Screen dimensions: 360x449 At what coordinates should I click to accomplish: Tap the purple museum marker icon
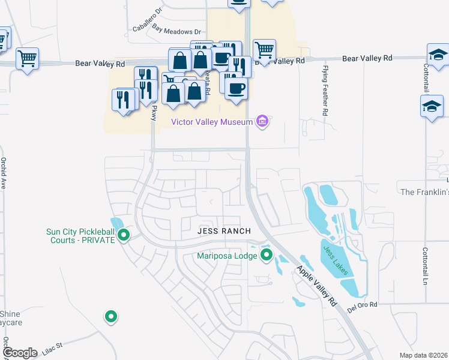[262, 122]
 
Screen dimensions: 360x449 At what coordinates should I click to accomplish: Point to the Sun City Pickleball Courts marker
[124, 235]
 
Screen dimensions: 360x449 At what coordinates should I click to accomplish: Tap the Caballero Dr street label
[148, 20]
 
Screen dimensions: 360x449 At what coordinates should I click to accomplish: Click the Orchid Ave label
[4, 173]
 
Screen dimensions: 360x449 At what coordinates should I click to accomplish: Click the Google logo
[20, 353]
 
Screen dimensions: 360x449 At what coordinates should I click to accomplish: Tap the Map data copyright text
[423, 355]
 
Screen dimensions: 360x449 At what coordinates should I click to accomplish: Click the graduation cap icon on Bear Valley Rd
[438, 54]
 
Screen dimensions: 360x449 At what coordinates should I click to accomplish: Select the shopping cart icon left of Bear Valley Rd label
[27, 58]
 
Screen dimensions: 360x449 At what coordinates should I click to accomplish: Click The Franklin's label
[424, 192]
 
